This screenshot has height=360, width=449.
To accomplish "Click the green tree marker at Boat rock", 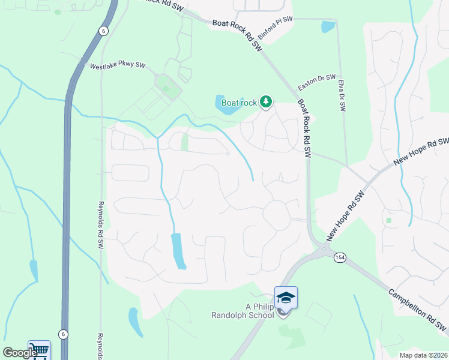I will pos(266,103).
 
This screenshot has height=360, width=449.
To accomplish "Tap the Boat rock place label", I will pos(239,103).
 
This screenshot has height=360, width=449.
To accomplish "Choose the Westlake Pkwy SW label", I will pos(118,66).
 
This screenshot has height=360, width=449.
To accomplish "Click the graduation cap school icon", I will pos(286,298).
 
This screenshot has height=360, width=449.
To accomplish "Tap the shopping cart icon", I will pos(39,350).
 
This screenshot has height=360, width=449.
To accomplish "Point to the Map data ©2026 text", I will pos(423,355).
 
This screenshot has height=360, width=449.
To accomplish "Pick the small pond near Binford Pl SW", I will pos(327,26).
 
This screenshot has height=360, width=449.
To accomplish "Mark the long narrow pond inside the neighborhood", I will pos(178,250).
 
